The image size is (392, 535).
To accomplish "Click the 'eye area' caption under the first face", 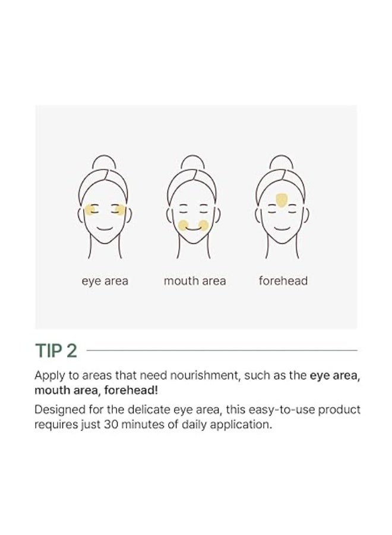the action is pos(105,282).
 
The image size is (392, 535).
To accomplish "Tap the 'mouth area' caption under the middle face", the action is pos(195,281).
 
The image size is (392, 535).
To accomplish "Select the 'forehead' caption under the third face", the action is pos(283,281).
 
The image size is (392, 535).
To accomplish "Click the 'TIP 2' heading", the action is pos(56,350).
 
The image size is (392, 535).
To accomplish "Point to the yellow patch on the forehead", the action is pos(282,200).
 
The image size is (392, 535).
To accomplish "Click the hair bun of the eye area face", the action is pos(105,162).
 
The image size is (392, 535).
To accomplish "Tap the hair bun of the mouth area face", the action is pos(192,162).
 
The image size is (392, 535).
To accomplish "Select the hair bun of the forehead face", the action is pos(281,162).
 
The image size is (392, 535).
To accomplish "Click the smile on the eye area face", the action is pos(105,228).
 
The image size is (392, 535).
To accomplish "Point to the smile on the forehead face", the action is pos(282,228).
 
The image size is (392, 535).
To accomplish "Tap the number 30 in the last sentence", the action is pos(111,424).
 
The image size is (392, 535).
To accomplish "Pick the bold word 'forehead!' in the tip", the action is pos(131,391).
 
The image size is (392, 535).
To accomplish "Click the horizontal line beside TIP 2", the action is pos(222,350).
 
